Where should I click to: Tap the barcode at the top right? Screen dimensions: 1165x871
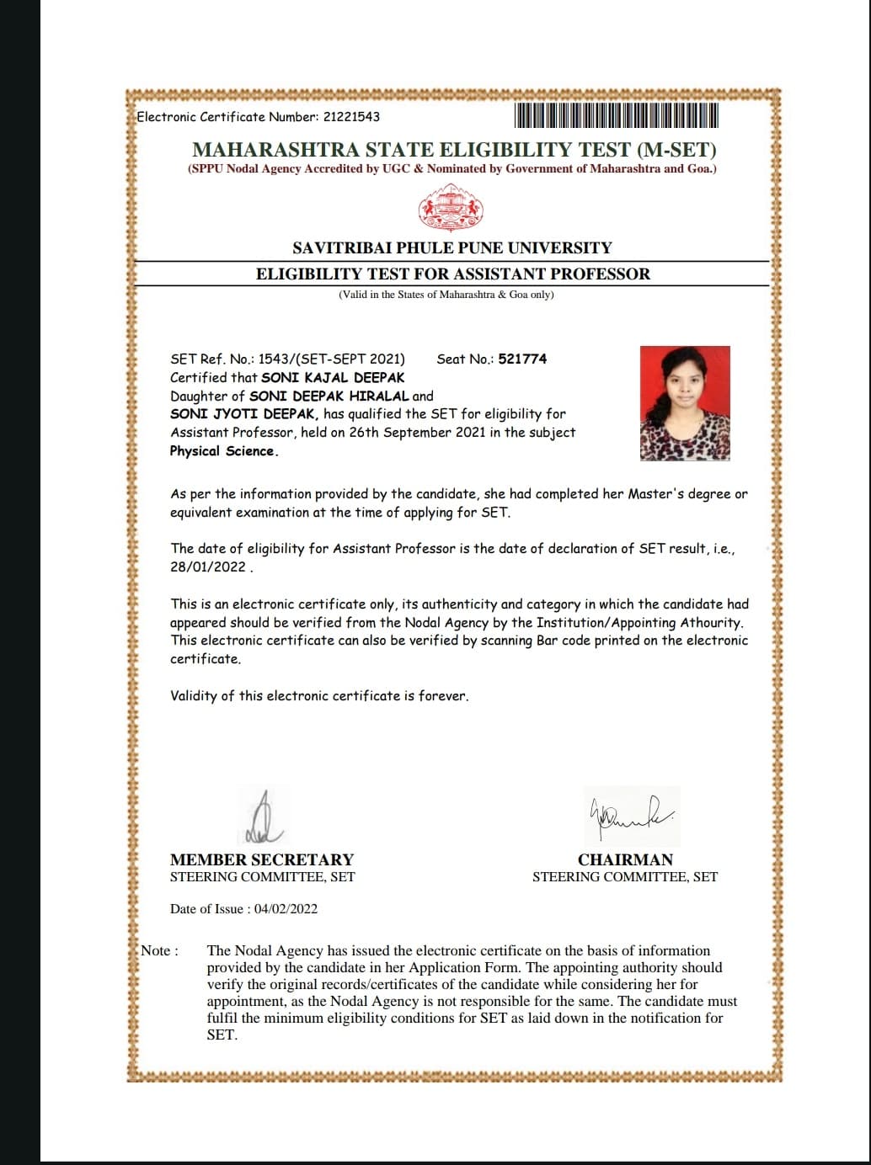616,115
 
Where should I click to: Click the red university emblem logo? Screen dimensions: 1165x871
452,209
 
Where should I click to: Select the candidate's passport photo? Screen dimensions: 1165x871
685,403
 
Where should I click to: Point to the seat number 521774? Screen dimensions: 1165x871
522,359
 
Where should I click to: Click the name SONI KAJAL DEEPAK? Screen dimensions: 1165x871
333,378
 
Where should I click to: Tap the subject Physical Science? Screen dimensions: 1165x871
223,451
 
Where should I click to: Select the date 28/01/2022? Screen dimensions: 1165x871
208,567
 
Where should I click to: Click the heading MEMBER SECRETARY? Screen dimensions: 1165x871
262,859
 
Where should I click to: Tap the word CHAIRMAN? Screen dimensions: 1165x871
625,859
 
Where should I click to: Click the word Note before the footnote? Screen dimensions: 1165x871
157,951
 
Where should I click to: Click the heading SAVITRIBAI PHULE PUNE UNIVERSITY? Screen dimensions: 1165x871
452,247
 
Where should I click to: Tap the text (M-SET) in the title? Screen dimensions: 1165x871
676,150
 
